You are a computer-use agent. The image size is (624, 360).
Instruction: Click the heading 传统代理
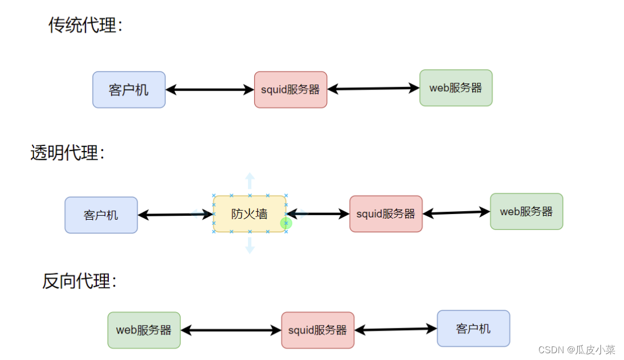(85, 25)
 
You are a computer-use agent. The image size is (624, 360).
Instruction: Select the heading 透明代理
(67, 153)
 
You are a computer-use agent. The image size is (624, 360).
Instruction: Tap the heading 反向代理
(79, 281)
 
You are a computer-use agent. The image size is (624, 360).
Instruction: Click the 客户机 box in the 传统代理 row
(129, 90)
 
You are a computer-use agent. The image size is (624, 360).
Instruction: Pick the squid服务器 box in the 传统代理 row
(290, 90)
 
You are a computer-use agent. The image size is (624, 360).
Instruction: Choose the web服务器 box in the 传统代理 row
(455, 88)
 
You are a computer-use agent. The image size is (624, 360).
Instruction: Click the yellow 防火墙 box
(249, 214)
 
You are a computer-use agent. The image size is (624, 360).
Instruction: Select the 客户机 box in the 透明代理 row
(101, 215)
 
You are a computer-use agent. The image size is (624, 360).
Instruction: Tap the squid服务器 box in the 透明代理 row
(386, 214)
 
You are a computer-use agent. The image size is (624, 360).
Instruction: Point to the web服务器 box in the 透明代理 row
(526, 212)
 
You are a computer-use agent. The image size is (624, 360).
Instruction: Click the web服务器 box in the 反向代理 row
(144, 330)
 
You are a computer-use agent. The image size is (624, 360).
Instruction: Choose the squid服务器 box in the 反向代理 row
(317, 330)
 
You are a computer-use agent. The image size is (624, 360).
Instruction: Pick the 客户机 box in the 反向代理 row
(473, 328)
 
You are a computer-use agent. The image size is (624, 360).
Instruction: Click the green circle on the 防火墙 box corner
(286, 224)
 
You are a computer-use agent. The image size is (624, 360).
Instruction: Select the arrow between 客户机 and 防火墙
(175, 215)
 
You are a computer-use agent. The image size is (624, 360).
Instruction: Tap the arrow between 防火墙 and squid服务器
(317, 214)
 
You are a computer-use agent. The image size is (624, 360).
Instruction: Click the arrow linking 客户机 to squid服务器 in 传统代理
(210, 90)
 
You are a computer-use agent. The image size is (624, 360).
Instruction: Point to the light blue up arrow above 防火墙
(250, 182)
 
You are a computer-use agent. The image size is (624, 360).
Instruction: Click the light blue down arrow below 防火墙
(250, 246)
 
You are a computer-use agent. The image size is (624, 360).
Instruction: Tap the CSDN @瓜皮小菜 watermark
(576, 350)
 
